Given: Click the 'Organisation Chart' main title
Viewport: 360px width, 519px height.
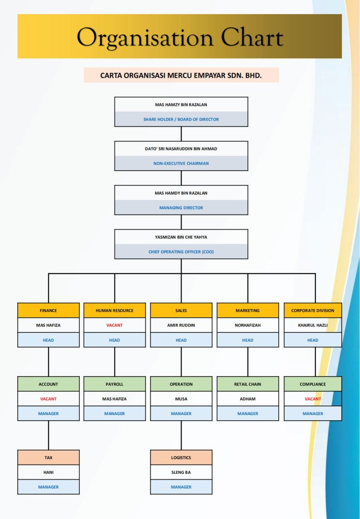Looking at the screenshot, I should tap(179, 38).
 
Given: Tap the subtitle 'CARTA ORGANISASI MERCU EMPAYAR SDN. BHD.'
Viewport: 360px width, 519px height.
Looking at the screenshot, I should tap(181, 76).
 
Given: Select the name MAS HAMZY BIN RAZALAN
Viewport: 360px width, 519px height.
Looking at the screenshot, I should tap(181, 105).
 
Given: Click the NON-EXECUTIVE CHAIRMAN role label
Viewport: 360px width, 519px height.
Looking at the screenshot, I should tap(181, 163).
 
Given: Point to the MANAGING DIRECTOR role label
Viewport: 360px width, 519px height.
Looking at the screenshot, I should tap(181, 207).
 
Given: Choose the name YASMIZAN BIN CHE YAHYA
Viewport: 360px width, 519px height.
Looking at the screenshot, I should tap(181, 237).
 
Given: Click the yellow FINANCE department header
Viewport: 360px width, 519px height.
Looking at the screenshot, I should tap(48, 310).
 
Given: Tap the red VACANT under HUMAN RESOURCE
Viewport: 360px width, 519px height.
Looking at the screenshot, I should tap(115, 325).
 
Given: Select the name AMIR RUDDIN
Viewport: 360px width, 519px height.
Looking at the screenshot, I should tap(181, 325).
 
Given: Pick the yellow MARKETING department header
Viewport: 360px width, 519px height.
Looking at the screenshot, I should tap(247, 310).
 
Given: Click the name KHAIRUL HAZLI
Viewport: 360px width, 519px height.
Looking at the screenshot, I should tap(313, 325).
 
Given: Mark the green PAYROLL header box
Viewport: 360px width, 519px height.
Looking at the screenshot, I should tap(115, 384).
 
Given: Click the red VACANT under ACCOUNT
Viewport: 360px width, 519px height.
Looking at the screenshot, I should tap(48, 399).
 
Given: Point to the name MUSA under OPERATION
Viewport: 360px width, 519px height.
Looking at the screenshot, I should tap(181, 399).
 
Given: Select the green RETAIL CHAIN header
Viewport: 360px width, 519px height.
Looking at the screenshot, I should tap(247, 384).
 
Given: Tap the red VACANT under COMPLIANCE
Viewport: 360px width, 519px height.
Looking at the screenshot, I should tap(313, 399).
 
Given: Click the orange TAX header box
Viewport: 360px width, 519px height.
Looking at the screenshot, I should tap(48, 458).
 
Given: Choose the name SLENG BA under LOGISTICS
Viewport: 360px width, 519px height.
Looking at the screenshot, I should tap(181, 472).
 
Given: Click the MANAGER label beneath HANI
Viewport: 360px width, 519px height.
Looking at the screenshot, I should tap(48, 487).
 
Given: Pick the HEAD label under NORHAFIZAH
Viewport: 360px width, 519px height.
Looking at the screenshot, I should tap(247, 340).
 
